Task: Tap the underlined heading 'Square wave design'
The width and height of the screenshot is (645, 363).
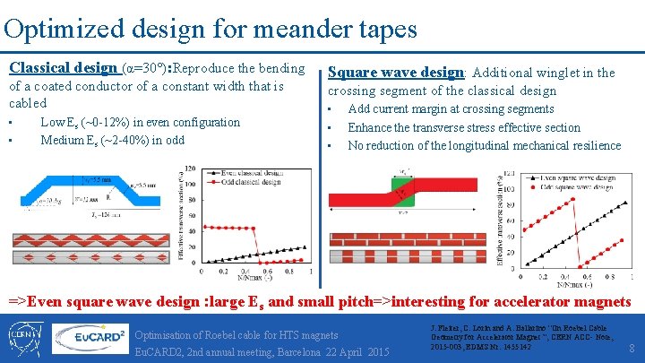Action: [x=396, y=73]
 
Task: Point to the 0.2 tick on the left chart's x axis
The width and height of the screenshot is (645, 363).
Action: [x=222, y=270]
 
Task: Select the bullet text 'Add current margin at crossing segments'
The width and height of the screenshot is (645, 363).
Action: [x=451, y=108]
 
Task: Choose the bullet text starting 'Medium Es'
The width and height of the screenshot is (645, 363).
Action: [x=112, y=140]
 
